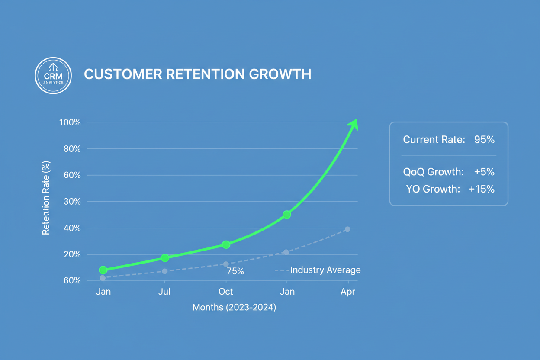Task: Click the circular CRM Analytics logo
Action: point(53,76)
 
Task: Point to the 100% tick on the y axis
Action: point(70,122)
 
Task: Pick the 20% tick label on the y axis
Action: point(72,254)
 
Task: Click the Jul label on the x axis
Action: point(164,292)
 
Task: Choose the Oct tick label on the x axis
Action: point(226,292)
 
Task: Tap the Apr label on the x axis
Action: point(347,292)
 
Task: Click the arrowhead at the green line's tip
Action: point(354,124)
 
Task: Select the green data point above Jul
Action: point(165,258)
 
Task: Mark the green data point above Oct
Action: point(226,244)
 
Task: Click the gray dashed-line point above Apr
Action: point(347,229)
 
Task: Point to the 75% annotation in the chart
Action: point(235,271)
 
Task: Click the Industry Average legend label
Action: point(325,270)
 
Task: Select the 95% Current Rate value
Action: point(484,140)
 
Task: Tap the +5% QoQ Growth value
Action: point(484,172)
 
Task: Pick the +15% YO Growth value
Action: point(481,189)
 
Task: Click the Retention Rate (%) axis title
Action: point(46,198)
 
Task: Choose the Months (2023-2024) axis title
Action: point(234,308)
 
